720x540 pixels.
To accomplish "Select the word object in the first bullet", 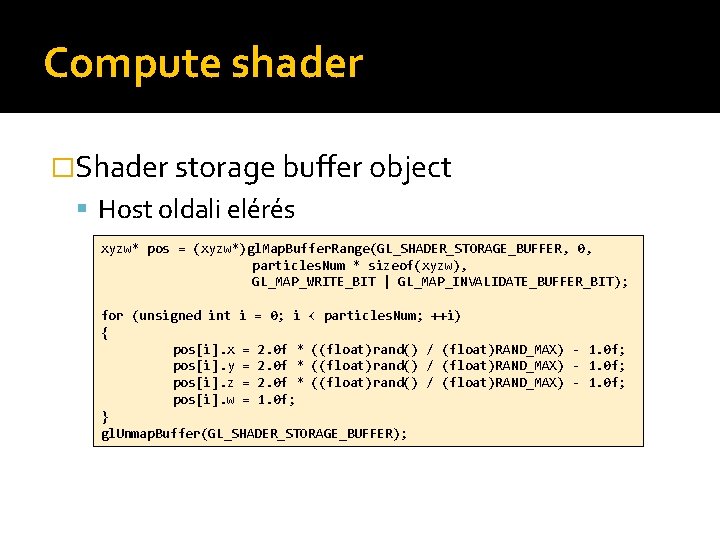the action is tap(410, 167).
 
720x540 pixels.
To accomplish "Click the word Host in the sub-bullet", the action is tap(125, 210).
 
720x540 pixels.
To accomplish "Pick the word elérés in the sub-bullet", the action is tap(261, 210).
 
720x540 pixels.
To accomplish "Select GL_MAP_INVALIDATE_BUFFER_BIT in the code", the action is tap(512, 282).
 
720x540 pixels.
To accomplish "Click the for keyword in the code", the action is tap(113, 316).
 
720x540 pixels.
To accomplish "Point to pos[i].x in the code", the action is tap(204, 349).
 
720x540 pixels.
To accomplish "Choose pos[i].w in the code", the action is tap(204, 399).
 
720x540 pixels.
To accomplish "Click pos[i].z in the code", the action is tap(204, 382).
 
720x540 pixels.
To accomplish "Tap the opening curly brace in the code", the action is tap(105, 332).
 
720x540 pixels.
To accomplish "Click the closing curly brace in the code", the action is tap(105, 416).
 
